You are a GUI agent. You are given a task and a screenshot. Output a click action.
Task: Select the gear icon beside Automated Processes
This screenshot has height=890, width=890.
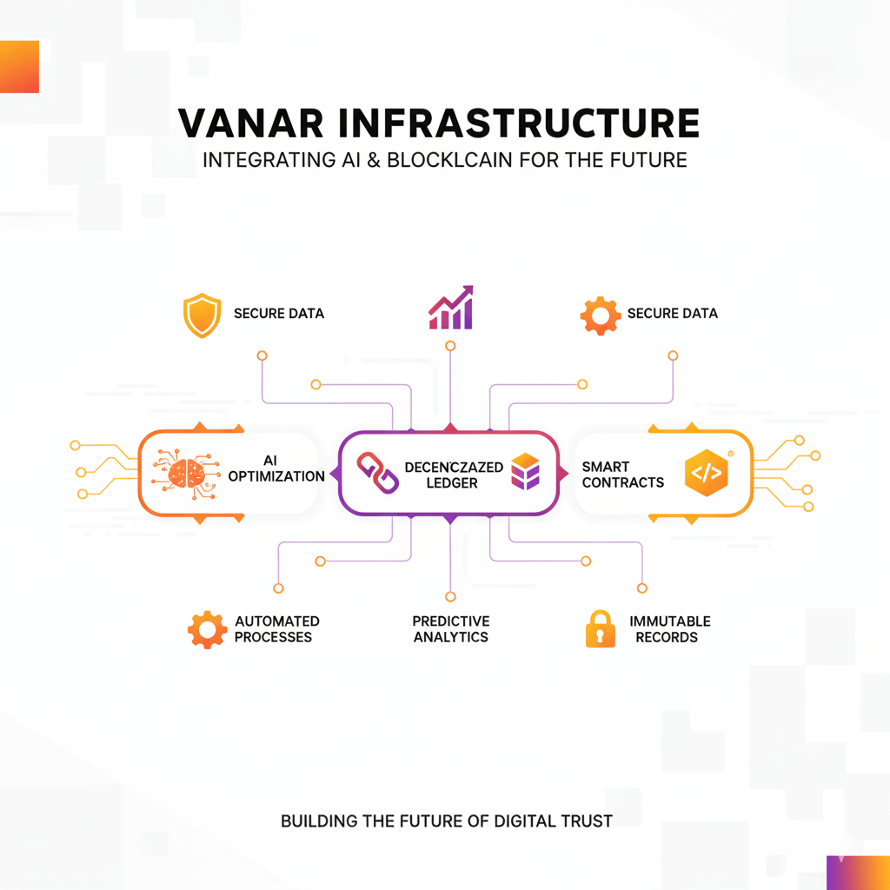[207, 628]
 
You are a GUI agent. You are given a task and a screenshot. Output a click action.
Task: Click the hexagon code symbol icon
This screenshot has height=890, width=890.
[705, 474]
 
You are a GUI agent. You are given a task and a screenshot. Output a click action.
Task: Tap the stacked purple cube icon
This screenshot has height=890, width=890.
[526, 473]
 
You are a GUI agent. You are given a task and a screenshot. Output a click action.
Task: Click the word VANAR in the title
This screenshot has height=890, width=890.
[245, 124]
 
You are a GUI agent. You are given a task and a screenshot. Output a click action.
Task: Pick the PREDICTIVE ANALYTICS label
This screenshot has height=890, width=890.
[450, 629]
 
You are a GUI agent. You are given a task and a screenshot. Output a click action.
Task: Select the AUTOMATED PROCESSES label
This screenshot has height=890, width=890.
[276, 629]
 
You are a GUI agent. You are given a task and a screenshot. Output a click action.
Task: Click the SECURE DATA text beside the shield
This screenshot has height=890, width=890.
[278, 313]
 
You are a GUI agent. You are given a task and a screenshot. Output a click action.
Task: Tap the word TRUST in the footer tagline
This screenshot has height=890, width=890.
[585, 820]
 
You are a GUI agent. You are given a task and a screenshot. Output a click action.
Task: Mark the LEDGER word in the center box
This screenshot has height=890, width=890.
[452, 482]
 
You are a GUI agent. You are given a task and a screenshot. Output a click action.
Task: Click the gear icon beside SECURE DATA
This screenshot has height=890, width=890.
[601, 315]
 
